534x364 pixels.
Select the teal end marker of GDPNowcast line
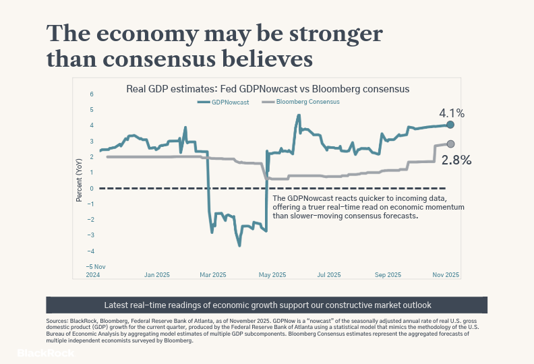pyautogui.click(x=450, y=125)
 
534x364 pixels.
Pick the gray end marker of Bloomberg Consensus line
pyautogui.click(x=450, y=144)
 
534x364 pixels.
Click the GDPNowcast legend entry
pyautogui.click(x=222, y=102)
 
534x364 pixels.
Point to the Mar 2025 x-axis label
pyautogui.click(x=214, y=275)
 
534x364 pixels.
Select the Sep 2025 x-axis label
pyautogui.click(x=388, y=275)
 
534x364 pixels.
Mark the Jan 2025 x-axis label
pyautogui.click(x=157, y=275)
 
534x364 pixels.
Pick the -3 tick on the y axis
pyautogui.click(x=90, y=235)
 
